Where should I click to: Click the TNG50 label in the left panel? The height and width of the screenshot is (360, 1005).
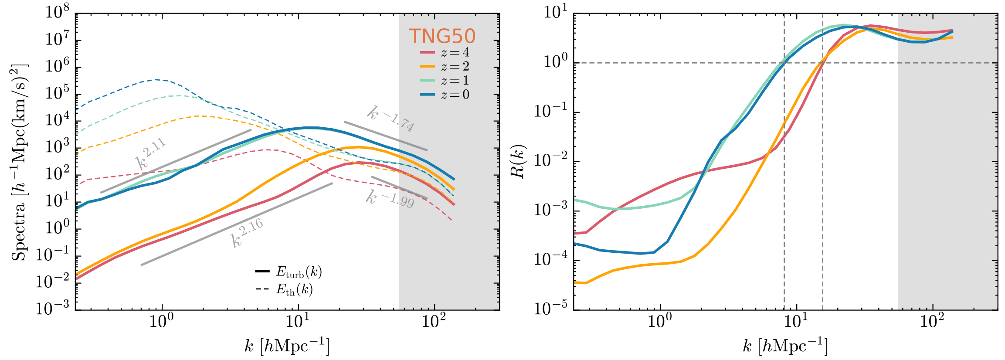pyautogui.click(x=442, y=36)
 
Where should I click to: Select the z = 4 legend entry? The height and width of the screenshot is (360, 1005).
pyautogui.click(x=445, y=53)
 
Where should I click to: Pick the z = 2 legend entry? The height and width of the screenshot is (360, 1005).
pyautogui.click(x=445, y=67)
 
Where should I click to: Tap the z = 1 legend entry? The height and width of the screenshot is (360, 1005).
pyautogui.click(x=445, y=81)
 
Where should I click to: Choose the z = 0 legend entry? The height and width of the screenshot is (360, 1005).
pyautogui.click(x=445, y=95)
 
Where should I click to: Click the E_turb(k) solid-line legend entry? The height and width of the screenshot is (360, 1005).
pyautogui.click(x=289, y=272)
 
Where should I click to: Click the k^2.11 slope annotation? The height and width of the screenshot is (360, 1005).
pyautogui.click(x=151, y=153)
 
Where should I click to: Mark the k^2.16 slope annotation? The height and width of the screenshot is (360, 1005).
pyautogui.click(x=247, y=233)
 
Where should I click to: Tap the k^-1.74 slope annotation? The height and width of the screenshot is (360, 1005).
pyautogui.click(x=390, y=119)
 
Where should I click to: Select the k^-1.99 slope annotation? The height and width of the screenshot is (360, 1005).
pyautogui.click(x=390, y=199)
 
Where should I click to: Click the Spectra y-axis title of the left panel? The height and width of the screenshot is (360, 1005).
pyautogui.click(x=19, y=162)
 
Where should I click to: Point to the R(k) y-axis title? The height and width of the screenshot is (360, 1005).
pyautogui.click(x=518, y=161)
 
